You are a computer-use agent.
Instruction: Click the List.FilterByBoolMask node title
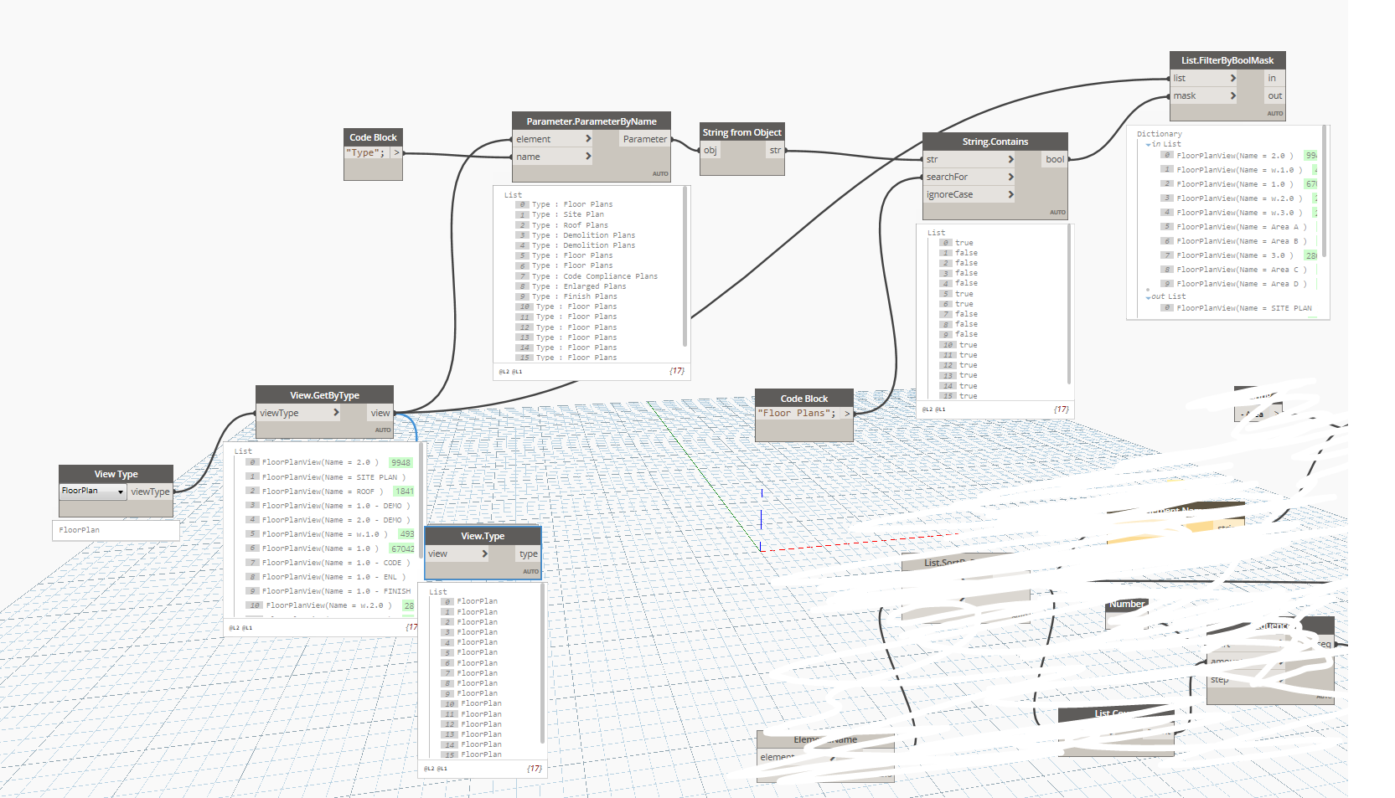(1227, 60)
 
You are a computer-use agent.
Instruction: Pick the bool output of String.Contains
(1054, 159)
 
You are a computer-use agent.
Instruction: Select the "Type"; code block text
(366, 153)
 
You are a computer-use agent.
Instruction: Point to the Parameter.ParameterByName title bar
(591, 121)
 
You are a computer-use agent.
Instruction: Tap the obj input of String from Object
(710, 151)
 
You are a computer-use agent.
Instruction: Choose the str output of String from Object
(774, 151)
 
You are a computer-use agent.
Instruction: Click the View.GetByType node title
(324, 395)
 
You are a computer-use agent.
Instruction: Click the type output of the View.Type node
(528, 553)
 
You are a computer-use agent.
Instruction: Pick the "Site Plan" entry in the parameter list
(583, 214)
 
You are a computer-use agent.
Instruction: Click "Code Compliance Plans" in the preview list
(610, 276)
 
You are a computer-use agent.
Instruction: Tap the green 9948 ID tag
(400, 463)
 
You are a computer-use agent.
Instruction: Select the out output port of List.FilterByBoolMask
(1274, 96)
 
